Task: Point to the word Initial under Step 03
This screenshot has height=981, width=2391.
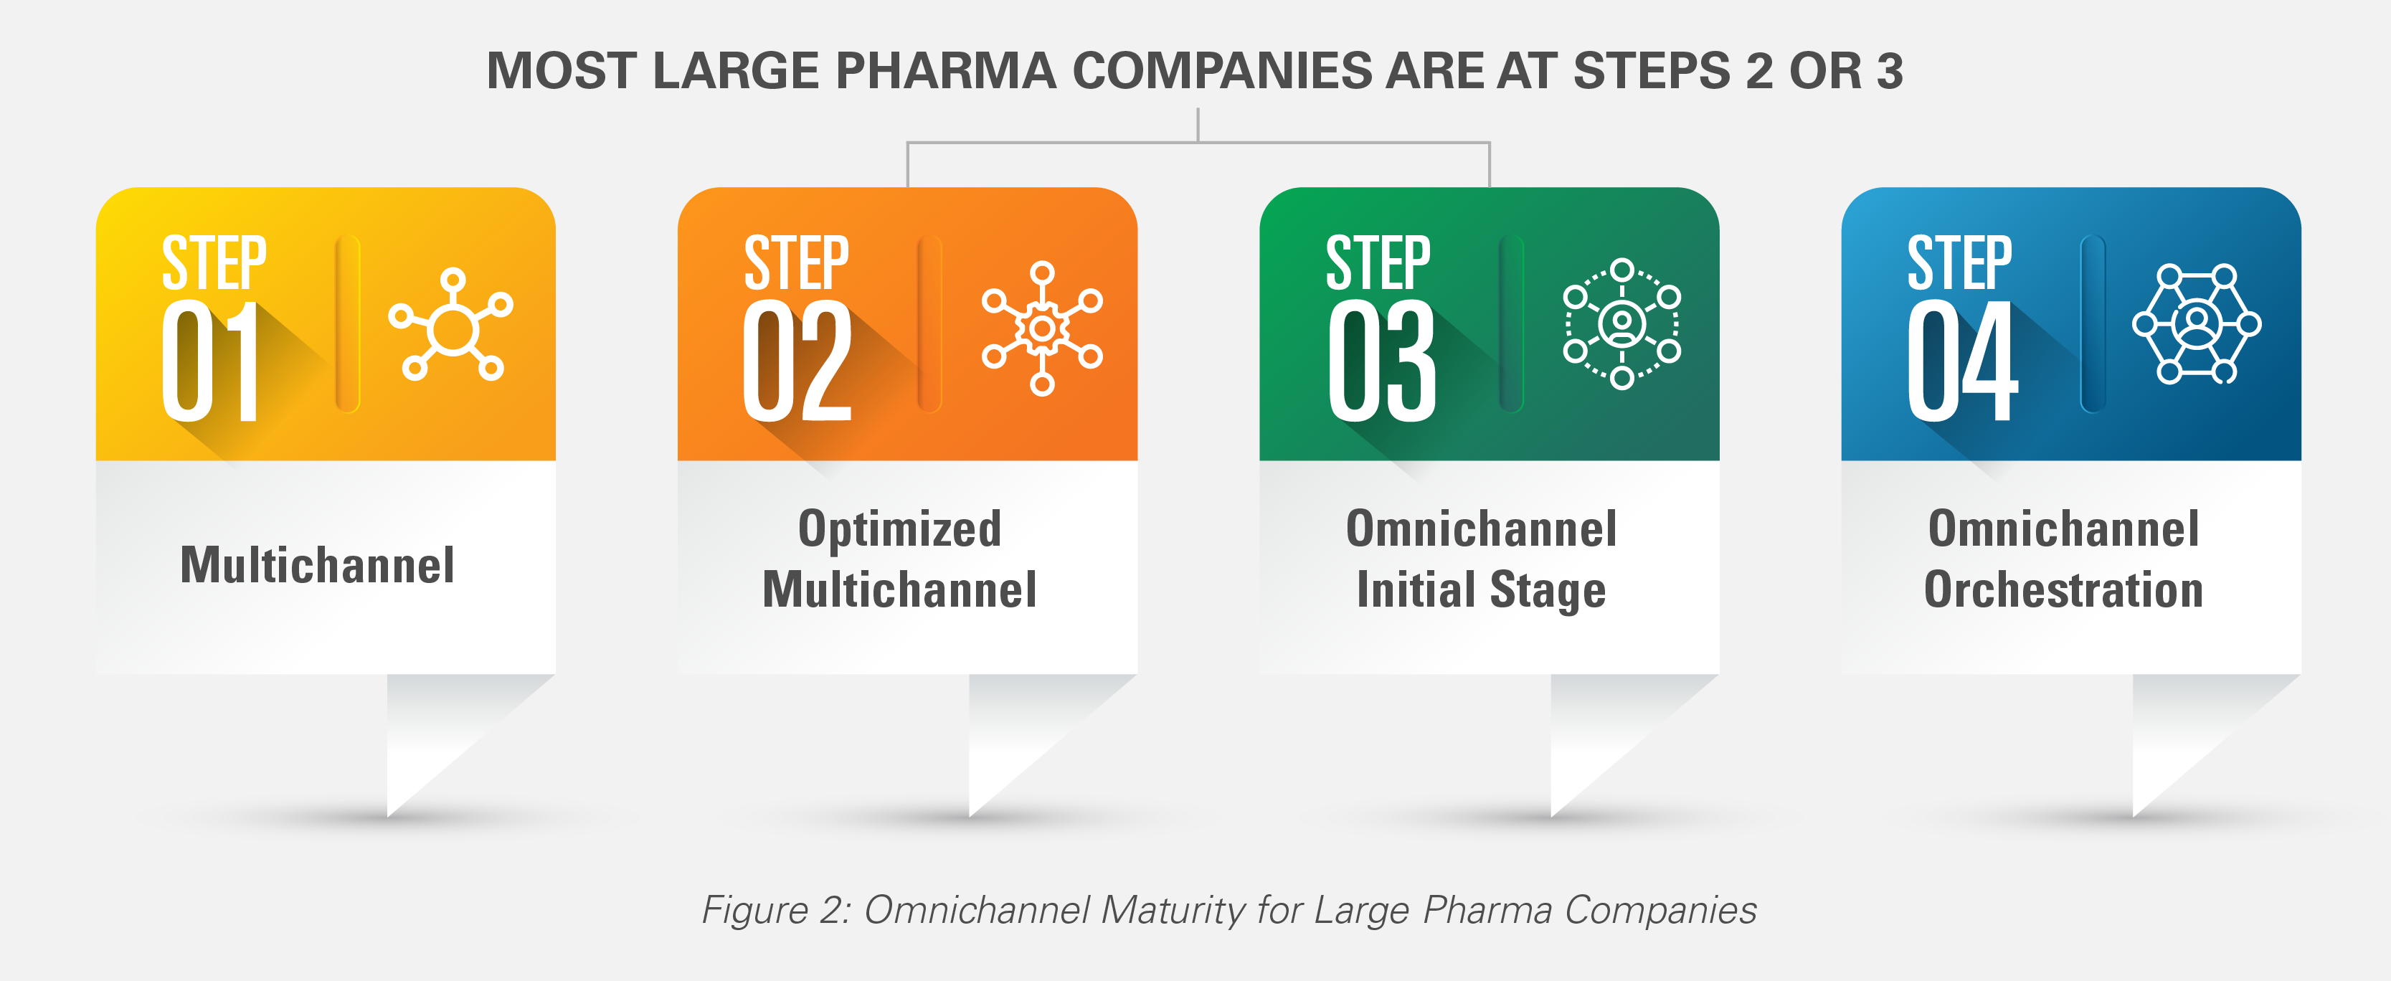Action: coord(1416,590)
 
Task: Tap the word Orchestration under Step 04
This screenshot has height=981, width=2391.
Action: coord(2063,590)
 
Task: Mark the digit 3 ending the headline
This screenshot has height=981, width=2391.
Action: coord(1889,72)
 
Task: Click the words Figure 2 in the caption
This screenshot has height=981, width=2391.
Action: coord(775,909)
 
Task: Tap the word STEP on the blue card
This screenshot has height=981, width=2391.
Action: coord(1959,264)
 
